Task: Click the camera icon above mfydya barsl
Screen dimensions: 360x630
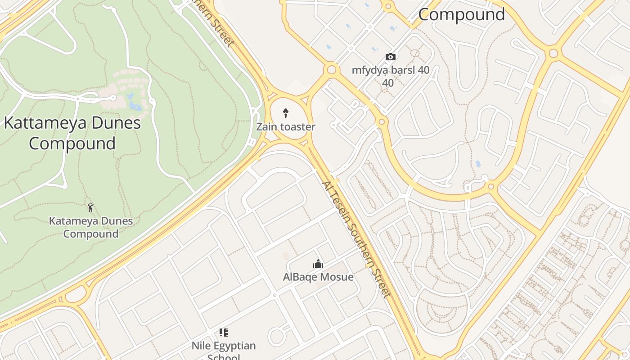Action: coord(391,57)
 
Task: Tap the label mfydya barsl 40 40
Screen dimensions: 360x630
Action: coord(390,76)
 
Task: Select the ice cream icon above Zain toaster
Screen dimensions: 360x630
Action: coord(285,113)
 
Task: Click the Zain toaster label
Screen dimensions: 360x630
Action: coord(286,127)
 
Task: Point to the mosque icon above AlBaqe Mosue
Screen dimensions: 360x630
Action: coord(318,264)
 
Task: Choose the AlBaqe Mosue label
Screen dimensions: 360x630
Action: coord(318,277)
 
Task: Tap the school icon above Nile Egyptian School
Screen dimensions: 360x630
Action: coord(223,333)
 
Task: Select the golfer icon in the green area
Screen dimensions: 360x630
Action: coord(90,207)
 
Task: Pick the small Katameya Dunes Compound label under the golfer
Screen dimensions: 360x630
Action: coord(91,227)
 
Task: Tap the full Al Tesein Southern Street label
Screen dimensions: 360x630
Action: coord(356,239)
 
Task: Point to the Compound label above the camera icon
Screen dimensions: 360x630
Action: coord(461,14)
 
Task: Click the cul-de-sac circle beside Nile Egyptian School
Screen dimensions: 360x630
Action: coord(276,336)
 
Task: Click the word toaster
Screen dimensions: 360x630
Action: coord(298,127)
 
